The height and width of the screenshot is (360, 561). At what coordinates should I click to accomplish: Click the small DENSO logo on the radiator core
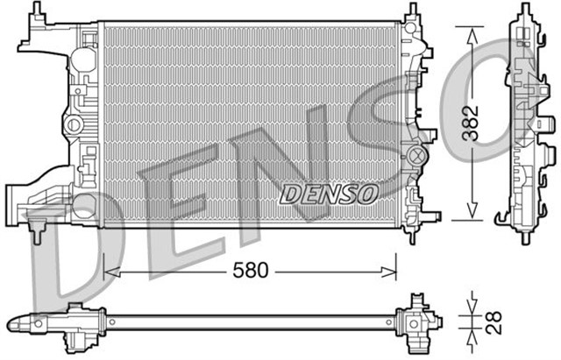[x=329, y=192]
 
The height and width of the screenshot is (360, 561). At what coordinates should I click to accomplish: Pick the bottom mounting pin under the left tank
[x=40, y=231]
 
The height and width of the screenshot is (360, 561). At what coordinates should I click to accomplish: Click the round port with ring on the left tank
[x=77, y=60]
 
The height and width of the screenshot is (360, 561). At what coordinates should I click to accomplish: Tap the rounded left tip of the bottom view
[x=11, y=322]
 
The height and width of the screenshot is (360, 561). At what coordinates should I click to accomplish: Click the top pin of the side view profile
[x=523, y=9]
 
